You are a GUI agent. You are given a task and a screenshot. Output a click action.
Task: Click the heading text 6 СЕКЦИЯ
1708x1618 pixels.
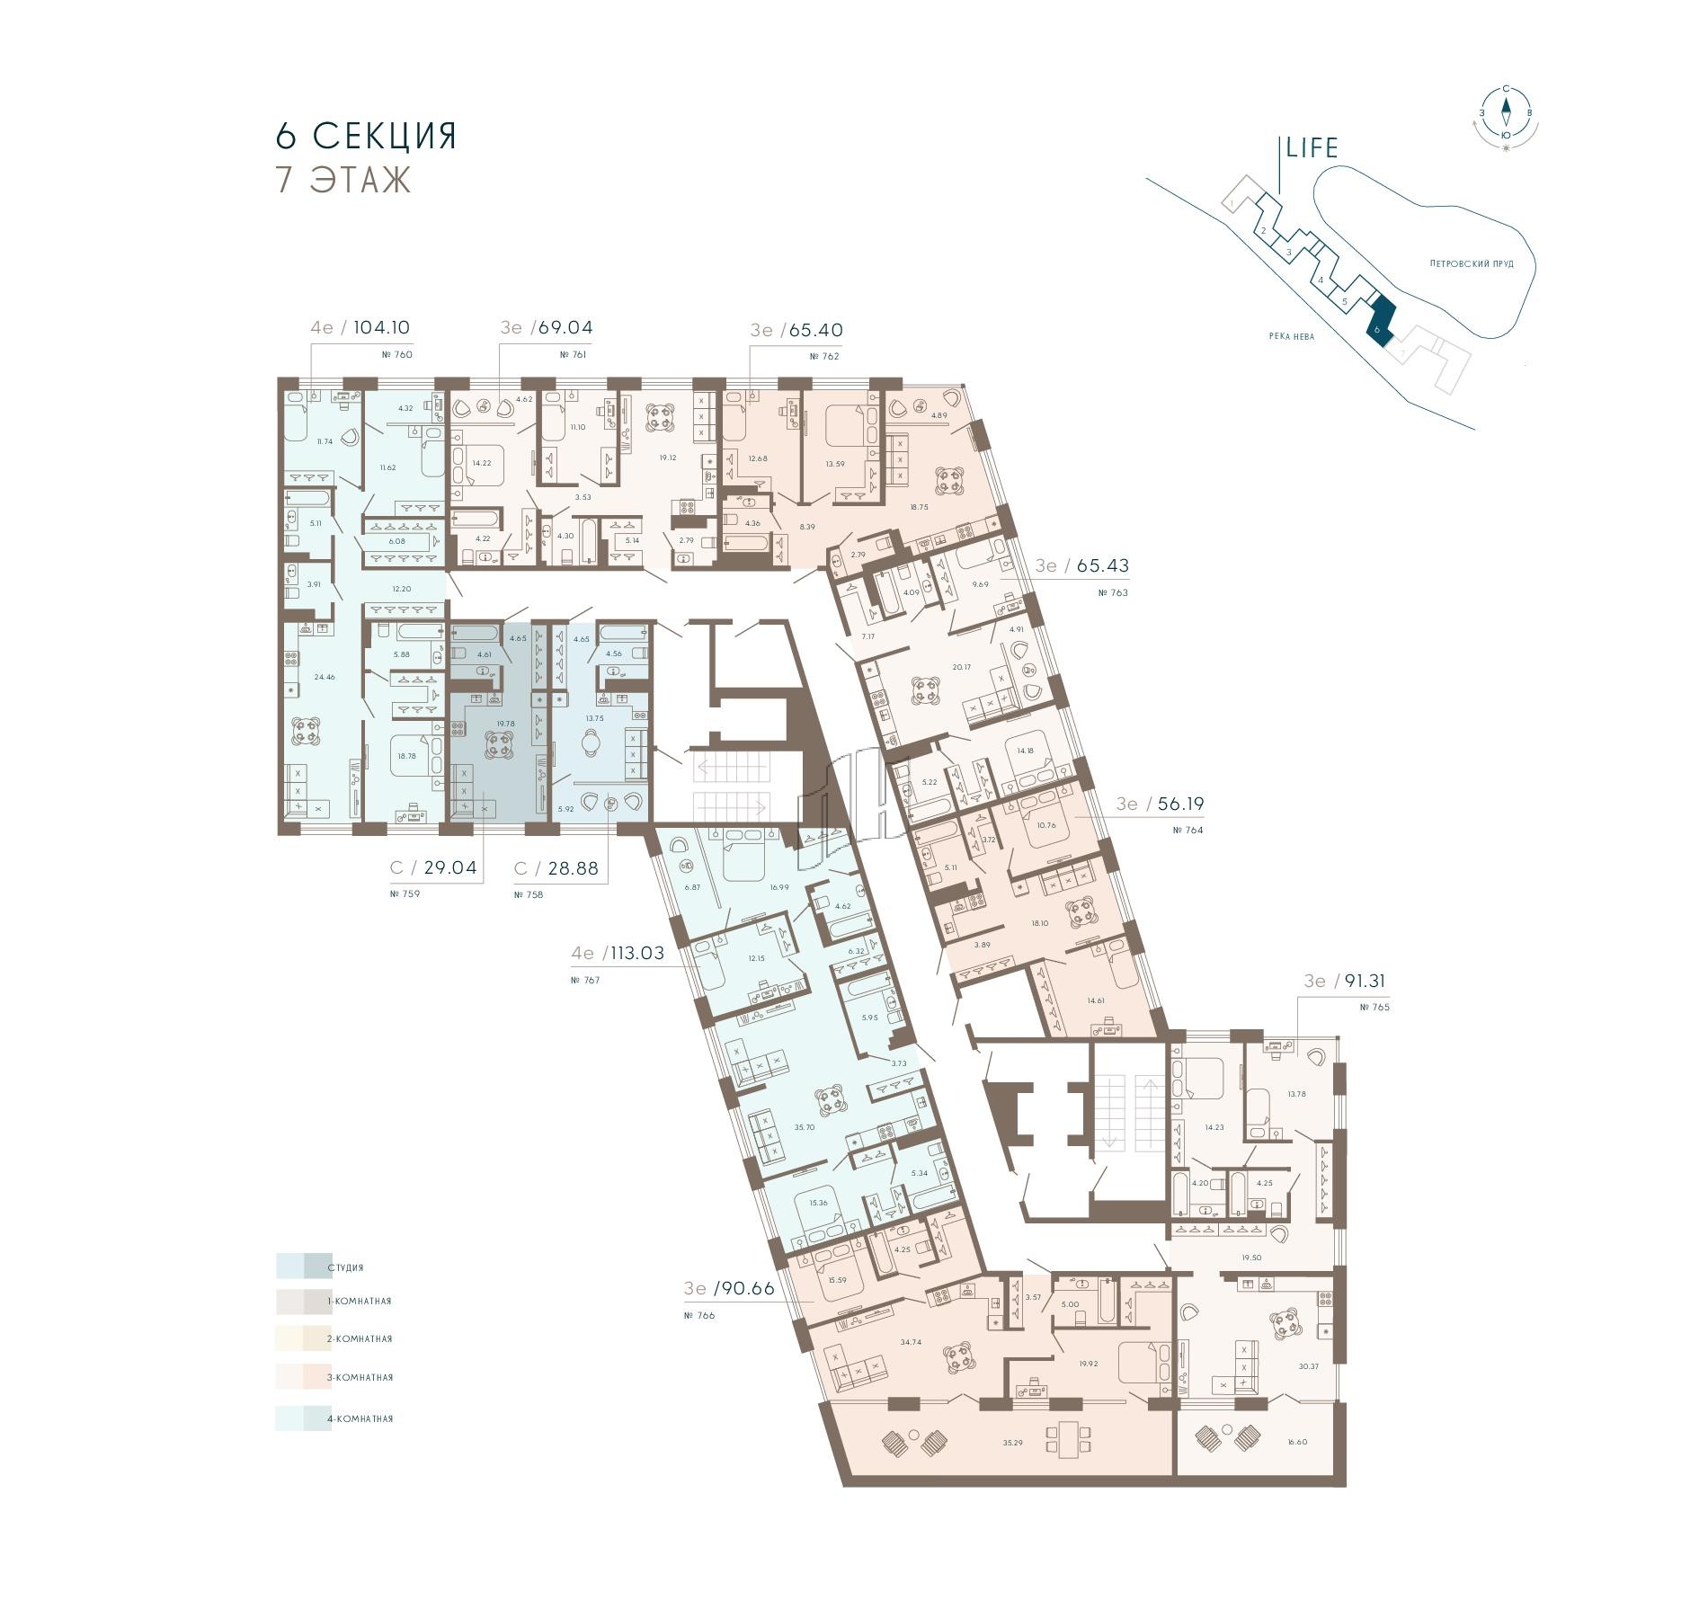coord(367,136)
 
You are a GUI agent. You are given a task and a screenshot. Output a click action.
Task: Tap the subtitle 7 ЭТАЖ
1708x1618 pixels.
coord(343,180)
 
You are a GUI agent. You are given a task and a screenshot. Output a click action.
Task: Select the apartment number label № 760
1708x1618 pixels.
coord(396,355)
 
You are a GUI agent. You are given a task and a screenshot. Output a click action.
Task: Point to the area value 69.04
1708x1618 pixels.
coord(565,328)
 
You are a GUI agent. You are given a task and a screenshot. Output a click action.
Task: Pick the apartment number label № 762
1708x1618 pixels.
coord(824,357)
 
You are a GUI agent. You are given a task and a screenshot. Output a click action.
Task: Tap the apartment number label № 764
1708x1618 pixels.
coord(1188,831)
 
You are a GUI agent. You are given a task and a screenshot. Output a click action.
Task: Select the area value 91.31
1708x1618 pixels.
coord(1363,981)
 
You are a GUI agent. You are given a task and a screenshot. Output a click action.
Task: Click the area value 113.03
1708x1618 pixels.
coord(637,953)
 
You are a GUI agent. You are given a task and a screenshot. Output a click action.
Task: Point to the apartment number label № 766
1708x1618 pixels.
coord(699,1315)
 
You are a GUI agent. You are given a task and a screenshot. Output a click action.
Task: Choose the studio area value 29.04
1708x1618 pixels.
coord(450,868)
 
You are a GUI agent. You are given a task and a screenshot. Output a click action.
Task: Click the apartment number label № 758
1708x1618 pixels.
coord(529,894)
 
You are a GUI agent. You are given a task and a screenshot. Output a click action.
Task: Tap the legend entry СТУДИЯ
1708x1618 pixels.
coord(345,1267)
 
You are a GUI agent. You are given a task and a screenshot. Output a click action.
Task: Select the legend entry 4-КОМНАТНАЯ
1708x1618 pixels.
coord(360,1418)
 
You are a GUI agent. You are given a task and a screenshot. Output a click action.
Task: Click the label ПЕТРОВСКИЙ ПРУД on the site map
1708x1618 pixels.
coord(1472,264)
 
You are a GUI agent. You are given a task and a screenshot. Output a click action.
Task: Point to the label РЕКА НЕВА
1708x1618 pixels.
coord(1292,337)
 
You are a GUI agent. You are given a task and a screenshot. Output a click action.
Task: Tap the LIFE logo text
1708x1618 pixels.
coord(1312,148)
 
